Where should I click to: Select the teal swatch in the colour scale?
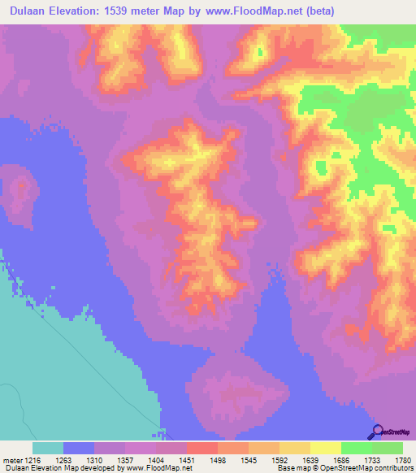coord(48,448)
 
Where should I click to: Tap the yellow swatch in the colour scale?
coord(325,448)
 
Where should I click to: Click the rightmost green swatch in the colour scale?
coord(387,448)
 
